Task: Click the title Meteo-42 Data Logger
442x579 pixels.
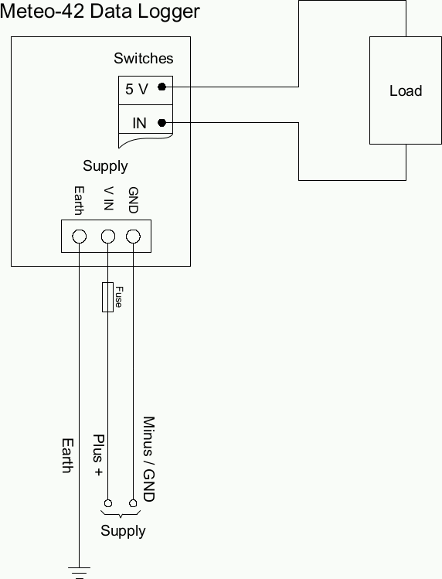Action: (101, 12)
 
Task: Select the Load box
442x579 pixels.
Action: (405, 90)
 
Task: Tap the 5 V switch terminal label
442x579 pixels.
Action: (137, 89)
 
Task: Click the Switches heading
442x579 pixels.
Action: (144, 59)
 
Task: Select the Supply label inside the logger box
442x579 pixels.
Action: (105, 166)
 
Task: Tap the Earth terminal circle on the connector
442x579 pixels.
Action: (79, 236)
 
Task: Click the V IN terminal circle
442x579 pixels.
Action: (108, 236)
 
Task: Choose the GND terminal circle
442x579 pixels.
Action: (133, 236)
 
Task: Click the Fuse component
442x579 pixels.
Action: (108, 298)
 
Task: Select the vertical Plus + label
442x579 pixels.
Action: (99, 453)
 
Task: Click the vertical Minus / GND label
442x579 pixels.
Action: (149, 459)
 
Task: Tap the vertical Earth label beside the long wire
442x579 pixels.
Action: (67, 455)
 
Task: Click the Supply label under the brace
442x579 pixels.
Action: (123, 531)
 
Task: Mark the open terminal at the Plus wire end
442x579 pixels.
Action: (108, 503)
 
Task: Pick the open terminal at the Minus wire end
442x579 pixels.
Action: (134, 503)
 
